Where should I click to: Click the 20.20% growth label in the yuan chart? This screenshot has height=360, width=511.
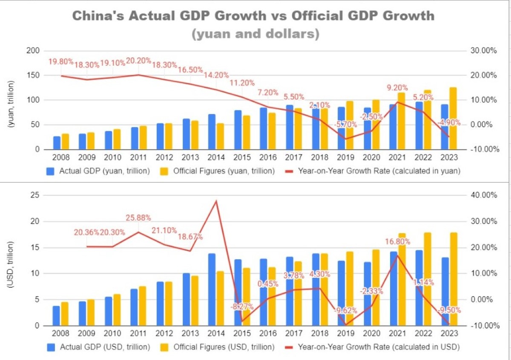click(x=139, y=61)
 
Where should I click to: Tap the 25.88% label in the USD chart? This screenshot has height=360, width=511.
click(x=139, y=218)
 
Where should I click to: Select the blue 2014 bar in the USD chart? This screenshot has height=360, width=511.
click(x=212, y=289)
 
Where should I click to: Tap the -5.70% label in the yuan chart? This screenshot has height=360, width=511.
click(x=343, y=125)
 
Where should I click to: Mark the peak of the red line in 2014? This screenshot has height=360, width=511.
click(x=216, y=201)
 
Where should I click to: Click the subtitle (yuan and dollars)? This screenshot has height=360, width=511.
click(x=255, y=33)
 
